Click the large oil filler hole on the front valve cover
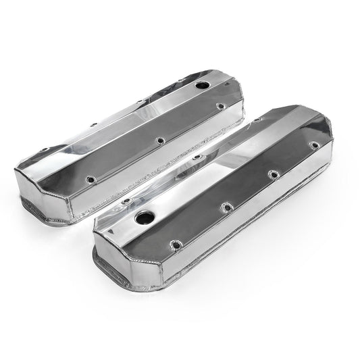pos(144,220)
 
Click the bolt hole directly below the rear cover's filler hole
pos(218,106)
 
